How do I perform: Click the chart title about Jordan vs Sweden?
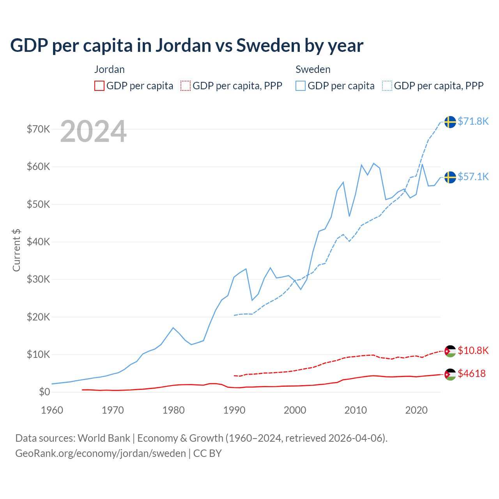[x=186, y=46]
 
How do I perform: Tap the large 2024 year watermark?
[x=93, y=131]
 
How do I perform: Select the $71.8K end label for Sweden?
[x=473, y=121]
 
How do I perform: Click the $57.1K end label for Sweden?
[x=473, y=177]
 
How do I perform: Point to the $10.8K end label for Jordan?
[x=473, y=350]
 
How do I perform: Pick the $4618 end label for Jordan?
[x=472, y=373]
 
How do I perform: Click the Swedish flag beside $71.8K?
[x=450, y=122]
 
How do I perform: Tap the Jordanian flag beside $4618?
[x=450, y=374]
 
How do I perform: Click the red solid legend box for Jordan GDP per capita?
[x=99, y=86]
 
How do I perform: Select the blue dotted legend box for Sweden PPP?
[x=387, y=86]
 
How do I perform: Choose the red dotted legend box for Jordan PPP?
[x=186, y=86]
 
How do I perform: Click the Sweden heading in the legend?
[x=313, y=69]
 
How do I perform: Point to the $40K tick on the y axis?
[x=38, y=242]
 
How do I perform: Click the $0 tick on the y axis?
[x=44, y=392]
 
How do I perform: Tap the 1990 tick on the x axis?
[x=234, y=410]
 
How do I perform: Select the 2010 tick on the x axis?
[x=356, y=410]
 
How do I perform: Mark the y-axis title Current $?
[x=16, y=250]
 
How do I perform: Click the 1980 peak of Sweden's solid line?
[x=173, y=327]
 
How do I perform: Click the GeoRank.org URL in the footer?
[x=101, y=453]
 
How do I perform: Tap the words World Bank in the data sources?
[x=104, y=438]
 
